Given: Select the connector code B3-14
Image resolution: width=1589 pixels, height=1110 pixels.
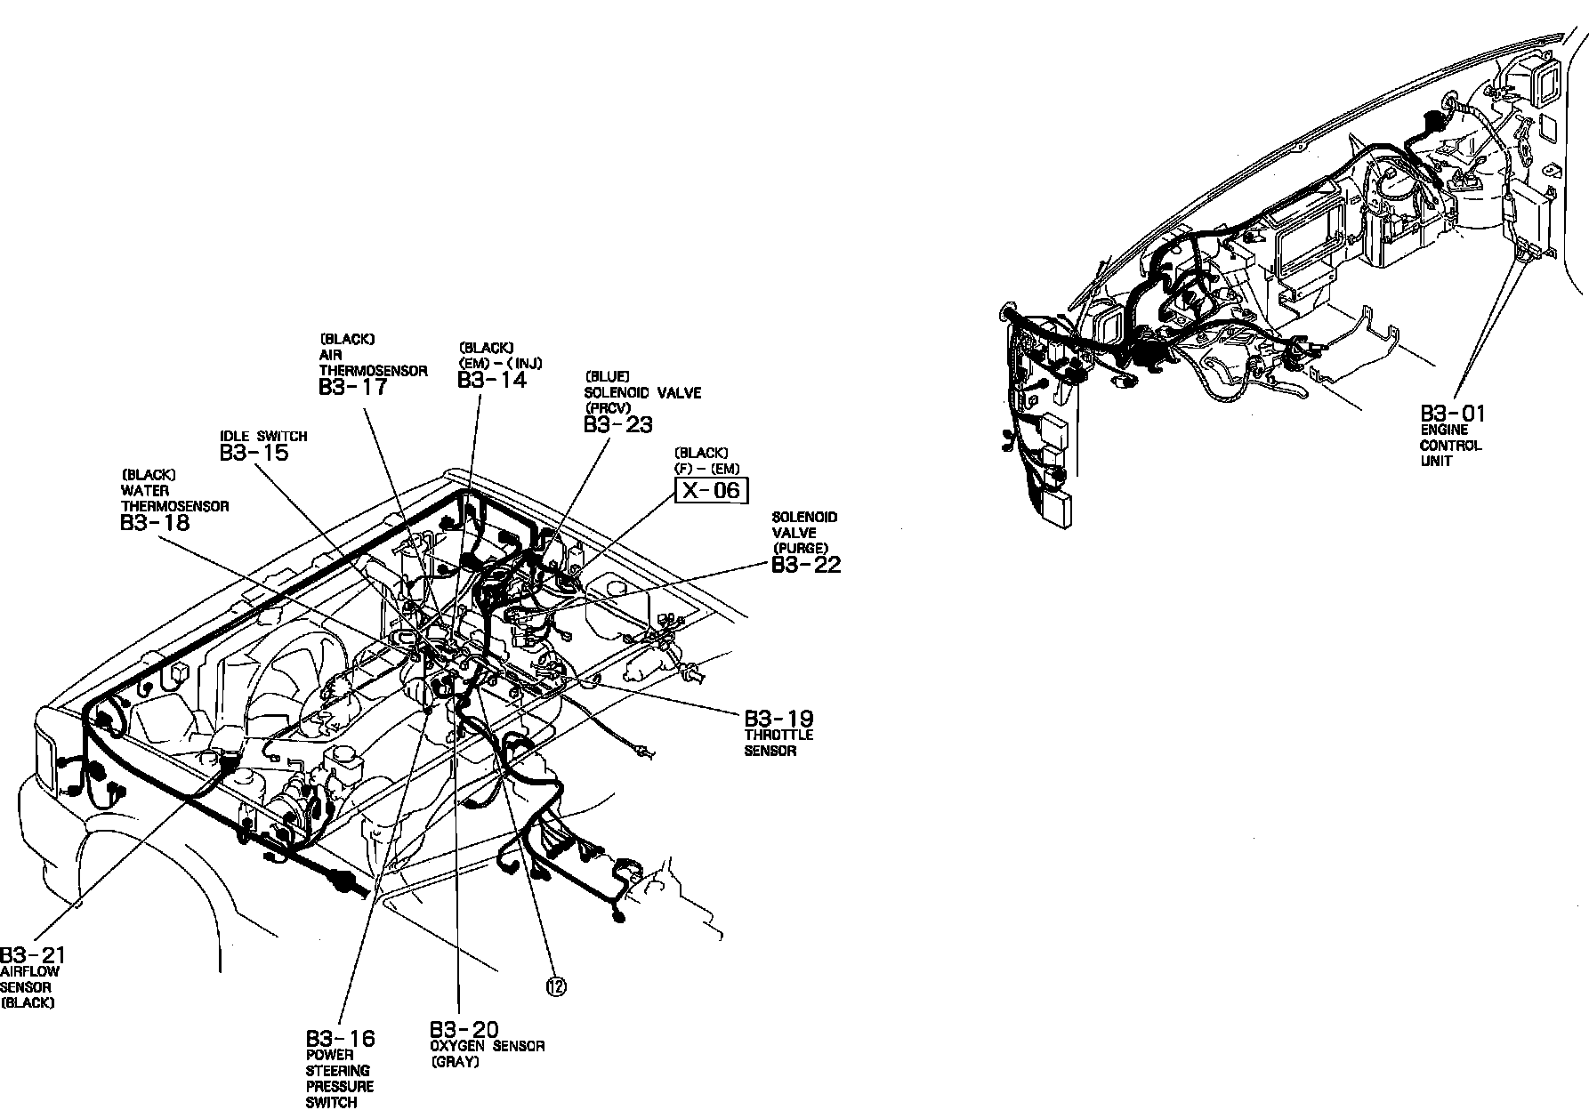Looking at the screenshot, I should point(492,380).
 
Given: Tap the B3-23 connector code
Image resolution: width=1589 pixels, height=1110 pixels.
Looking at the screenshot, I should point(618,424).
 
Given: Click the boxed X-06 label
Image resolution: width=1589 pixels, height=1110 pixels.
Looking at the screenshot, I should point(713,490).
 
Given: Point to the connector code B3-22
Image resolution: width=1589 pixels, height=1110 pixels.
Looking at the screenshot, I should point(806,565).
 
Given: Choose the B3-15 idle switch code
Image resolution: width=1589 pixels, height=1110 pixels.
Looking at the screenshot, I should point(254,453).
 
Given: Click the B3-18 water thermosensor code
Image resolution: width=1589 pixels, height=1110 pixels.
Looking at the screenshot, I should point(155,522).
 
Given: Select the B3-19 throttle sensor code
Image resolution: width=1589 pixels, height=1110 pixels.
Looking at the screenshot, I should point(778,718).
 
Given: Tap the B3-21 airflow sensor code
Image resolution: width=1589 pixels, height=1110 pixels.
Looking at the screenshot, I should point(33,955).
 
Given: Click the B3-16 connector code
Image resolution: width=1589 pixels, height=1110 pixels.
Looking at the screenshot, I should point(341,1038).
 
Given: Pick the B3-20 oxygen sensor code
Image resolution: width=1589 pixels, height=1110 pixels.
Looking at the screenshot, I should point(464,1029).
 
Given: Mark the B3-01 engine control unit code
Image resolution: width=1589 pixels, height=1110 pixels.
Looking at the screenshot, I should point(1453,414).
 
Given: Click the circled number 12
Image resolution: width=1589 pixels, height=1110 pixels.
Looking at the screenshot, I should point(556,985).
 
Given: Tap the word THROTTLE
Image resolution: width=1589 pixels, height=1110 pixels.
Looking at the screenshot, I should point(778,736).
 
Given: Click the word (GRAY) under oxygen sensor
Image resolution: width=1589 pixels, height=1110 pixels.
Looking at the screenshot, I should point(455,1062).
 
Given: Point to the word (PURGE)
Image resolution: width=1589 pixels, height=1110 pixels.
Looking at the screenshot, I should point(801,548).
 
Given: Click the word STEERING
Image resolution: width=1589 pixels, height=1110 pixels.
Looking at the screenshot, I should point(338,1070).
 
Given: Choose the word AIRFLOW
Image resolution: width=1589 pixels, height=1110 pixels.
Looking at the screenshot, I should point(30,971).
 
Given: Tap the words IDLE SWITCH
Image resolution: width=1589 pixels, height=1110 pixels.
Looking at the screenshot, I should point(263,437).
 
